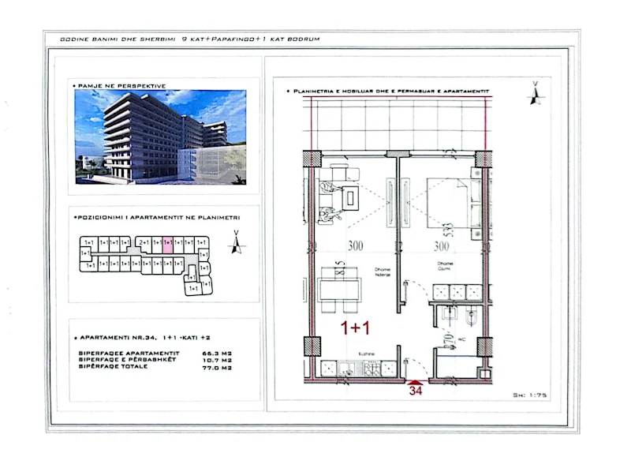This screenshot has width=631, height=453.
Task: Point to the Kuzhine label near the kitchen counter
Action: [x=364, y=354]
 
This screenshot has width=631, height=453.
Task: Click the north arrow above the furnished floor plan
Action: [x=536, y=92]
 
